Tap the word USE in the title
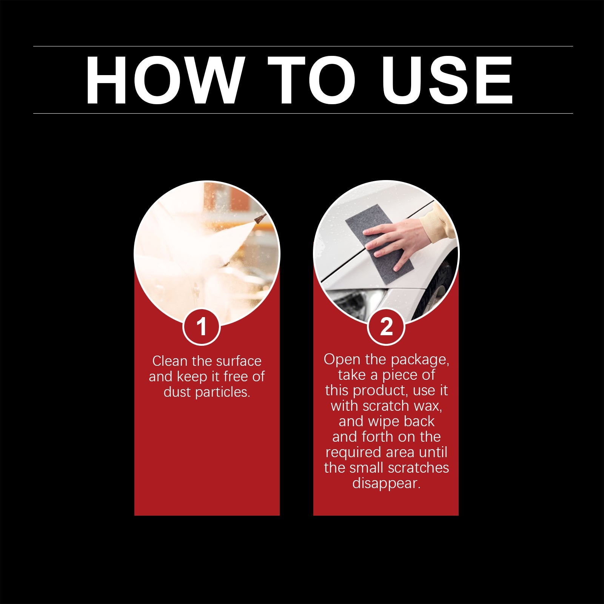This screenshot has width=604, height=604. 447,80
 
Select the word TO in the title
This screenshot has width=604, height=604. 312,80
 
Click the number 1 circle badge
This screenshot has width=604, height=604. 202,326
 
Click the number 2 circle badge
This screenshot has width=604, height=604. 386,326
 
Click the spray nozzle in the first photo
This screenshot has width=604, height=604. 260,218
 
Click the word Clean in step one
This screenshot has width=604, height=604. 169,361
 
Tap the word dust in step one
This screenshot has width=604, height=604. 177,392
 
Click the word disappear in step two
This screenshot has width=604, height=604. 386,484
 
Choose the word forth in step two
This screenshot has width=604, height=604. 377,437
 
